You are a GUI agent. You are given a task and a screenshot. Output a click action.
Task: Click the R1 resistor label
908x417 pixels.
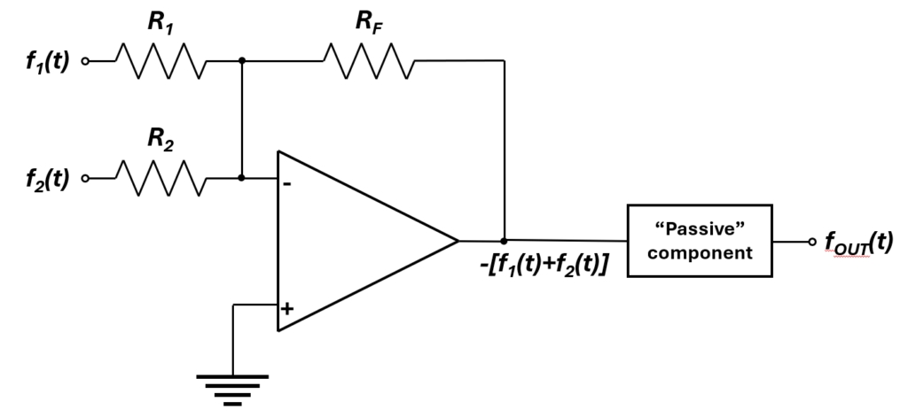tap(160, 24)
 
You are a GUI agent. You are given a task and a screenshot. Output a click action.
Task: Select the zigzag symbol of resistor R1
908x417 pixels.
tap(161, 61)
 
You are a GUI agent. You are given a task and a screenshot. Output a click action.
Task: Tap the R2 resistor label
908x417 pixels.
tap(160, 140)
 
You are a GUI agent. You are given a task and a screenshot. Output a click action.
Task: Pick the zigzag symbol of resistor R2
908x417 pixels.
tap(161, 178)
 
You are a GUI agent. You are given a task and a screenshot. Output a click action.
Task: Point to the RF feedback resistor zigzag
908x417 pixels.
tap(367, 61)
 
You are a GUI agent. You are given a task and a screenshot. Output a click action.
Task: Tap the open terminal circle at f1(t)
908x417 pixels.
tap(86, 62)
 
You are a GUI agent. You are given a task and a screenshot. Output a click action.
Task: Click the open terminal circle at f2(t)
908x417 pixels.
tap(86, 179)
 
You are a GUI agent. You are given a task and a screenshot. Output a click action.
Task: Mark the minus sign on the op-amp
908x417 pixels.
tap(287, 184)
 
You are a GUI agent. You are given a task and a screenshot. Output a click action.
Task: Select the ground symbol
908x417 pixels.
tap(232, 387)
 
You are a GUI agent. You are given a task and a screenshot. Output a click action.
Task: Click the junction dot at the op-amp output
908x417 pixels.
tap(505, 240)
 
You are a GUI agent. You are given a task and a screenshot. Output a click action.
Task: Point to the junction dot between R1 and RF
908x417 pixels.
tap(242, 61)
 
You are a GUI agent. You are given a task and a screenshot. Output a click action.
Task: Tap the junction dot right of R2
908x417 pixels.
tap(242, 178)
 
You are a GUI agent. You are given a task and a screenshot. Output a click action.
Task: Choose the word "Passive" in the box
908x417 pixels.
tap(700, 229)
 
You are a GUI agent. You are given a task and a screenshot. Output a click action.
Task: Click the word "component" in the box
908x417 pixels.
tap(700, 252)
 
